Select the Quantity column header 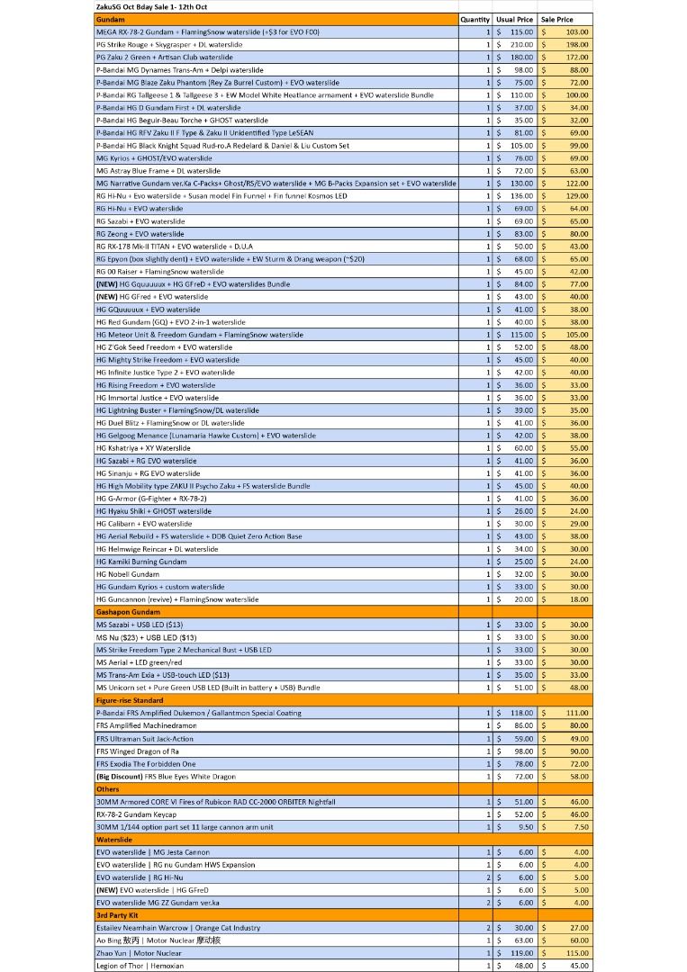pyautogui.click(x=475, y=19)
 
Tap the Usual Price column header pyautogui.click(x=515, y=19)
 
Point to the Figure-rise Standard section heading pyautogui.click(x=130, y=700)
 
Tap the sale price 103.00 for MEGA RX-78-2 pyautogui.click(x=577, y=31)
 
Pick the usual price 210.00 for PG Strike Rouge pyautogui.click(x=521, y=44)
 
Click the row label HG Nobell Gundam pyautogui.click(x=128, y=574)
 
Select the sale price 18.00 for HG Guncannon pyautogui.click(x=579, y=599)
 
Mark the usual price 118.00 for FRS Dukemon pyautogui.click(x=521, y=713)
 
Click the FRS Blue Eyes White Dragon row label pyautogui.click(x=166, y=777)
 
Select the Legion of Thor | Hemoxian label pyautogui.click(x=140, y=966)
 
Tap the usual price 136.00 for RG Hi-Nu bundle pyautogui.click(x=521, y=195)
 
